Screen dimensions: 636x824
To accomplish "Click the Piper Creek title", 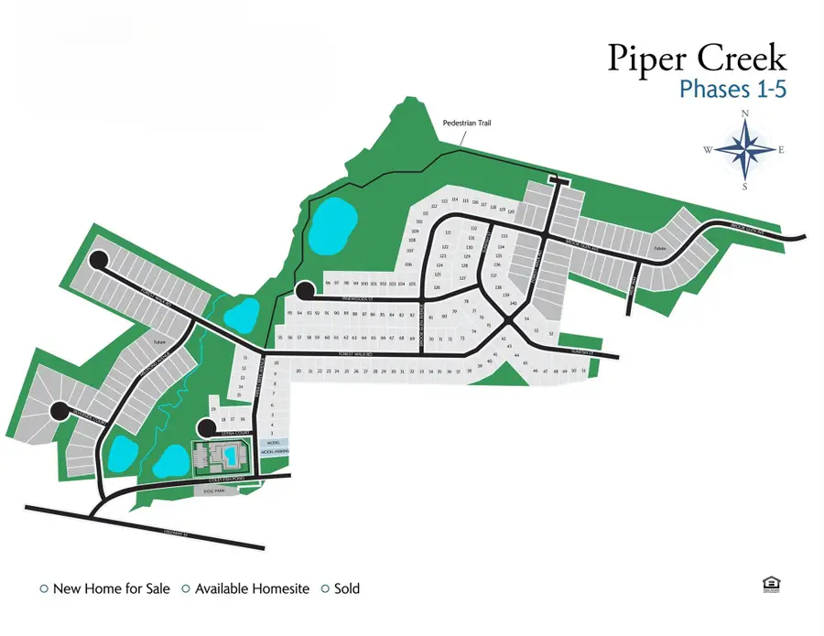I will (x=697, y=59).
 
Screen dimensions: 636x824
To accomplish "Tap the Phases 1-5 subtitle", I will (x=732, y=89).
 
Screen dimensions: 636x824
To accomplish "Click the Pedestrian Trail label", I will (x=467, y=122).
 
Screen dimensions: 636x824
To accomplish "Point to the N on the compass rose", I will (x=745, y=113).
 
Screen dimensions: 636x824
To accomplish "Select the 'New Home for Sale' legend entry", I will (x=104, y=588).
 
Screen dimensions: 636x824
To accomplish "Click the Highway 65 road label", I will (x=174, y=534).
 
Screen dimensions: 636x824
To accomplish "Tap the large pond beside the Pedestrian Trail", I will (x=331, y=228).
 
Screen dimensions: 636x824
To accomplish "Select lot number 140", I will (x=514, y=303).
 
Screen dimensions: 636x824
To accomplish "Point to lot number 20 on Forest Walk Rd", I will (x=298, y=371).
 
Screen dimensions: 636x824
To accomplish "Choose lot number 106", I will (x=408, y=264).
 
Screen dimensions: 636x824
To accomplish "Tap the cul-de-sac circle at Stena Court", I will (x=208, y=427).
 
